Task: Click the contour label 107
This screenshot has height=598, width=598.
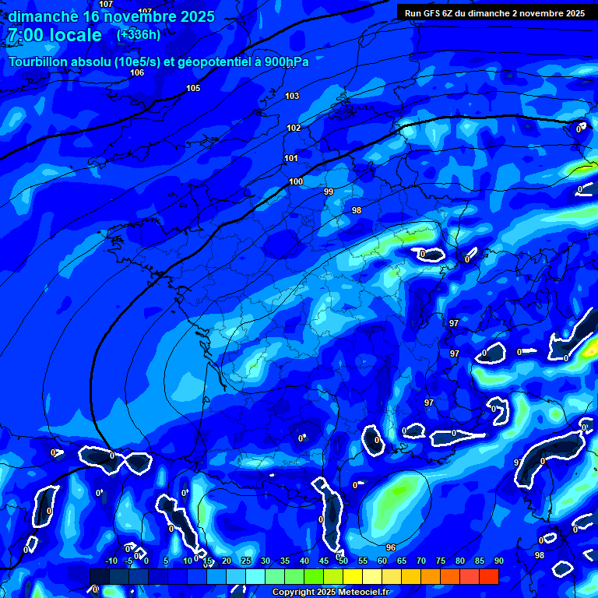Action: pyautogui.click(x=106, y=4)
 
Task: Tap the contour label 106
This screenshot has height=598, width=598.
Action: pyautogui.click(x=137, y=72)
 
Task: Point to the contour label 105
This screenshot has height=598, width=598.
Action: pyautogui.click(x=193, y=88)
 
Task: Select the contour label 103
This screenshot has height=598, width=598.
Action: pyautogui.click(x=292, y=96)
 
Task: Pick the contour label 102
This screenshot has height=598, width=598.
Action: pyautogui.click(x=294, y=128)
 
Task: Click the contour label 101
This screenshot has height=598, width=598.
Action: pyautogui.click(x=291, y=158)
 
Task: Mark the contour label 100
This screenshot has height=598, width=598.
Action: pyautogui.click(x=296, y=181)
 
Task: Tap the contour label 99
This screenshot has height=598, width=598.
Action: pyautogui.click(x=329, y=192)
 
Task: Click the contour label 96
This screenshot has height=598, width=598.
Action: pyautogui.click(x=391, y=547)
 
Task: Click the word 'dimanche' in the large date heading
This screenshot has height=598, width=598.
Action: pyautogui.click(x=39, y=16)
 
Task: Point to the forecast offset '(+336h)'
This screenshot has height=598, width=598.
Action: pyautogui.click(x=139, y=35)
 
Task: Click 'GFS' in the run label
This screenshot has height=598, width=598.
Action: pyautogui.click(x=434, y=13)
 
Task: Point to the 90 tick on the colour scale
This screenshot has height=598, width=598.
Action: pyautogui.click(x=498, y=561)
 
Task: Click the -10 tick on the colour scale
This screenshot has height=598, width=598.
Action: pyautogui.click(x=111, y=561)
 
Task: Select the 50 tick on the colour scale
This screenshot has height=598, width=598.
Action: pyautogui.click(x=343, y=561)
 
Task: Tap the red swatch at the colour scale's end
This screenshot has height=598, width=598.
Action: pyautogui.click(x=488, y=576)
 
